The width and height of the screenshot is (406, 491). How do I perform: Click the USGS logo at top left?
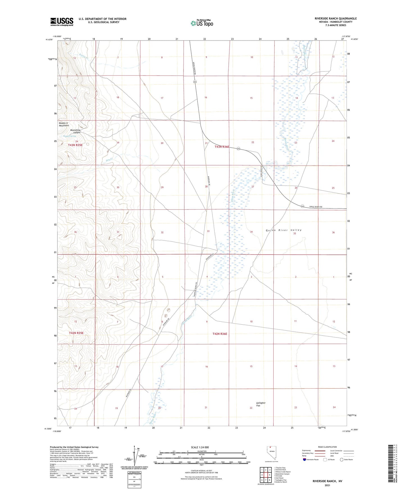(x=62, y=22)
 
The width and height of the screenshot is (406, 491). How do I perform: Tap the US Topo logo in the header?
(x=202, y=23)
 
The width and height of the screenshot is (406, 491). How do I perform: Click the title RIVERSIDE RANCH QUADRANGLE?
(x=335, y=19)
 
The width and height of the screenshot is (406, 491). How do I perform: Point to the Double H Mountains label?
(x=64, y=124)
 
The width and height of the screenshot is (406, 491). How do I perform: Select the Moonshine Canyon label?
(x=75, y=131)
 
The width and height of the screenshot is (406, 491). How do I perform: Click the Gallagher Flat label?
(x=261, y=404)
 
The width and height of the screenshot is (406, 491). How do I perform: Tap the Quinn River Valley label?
(x=283, y=230)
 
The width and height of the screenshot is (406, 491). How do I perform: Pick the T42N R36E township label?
(x=220, y=334)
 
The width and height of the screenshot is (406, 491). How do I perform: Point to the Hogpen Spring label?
(x=69, y=136)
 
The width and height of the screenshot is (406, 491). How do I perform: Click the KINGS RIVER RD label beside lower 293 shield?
(x=316, y=207)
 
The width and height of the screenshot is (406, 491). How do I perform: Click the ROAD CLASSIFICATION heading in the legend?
(x=327, y=447)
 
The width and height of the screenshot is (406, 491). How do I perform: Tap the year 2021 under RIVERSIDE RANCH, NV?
(x=327, y=485)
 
